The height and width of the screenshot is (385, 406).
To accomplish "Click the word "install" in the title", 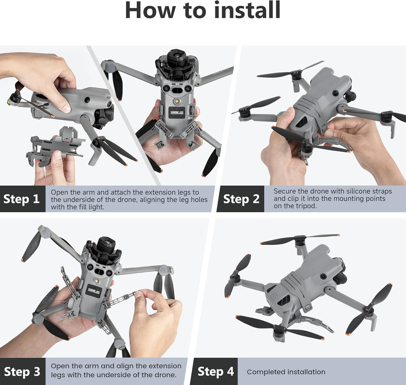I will [x=247, y=11].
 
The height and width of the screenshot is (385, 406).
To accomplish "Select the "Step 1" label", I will [x=21, y=199].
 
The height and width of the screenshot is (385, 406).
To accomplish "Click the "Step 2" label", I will [x=241, y=199].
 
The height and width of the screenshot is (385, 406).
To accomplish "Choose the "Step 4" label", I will [x=216, y=371].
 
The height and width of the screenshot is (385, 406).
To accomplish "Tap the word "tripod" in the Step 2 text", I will [x=305, y=206].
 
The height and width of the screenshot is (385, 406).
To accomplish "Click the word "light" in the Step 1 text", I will [x=95, y=207].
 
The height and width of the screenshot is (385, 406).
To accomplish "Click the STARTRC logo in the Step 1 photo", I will [x=177, y=112].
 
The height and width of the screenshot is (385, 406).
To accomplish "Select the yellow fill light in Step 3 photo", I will [x=97, y=281].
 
